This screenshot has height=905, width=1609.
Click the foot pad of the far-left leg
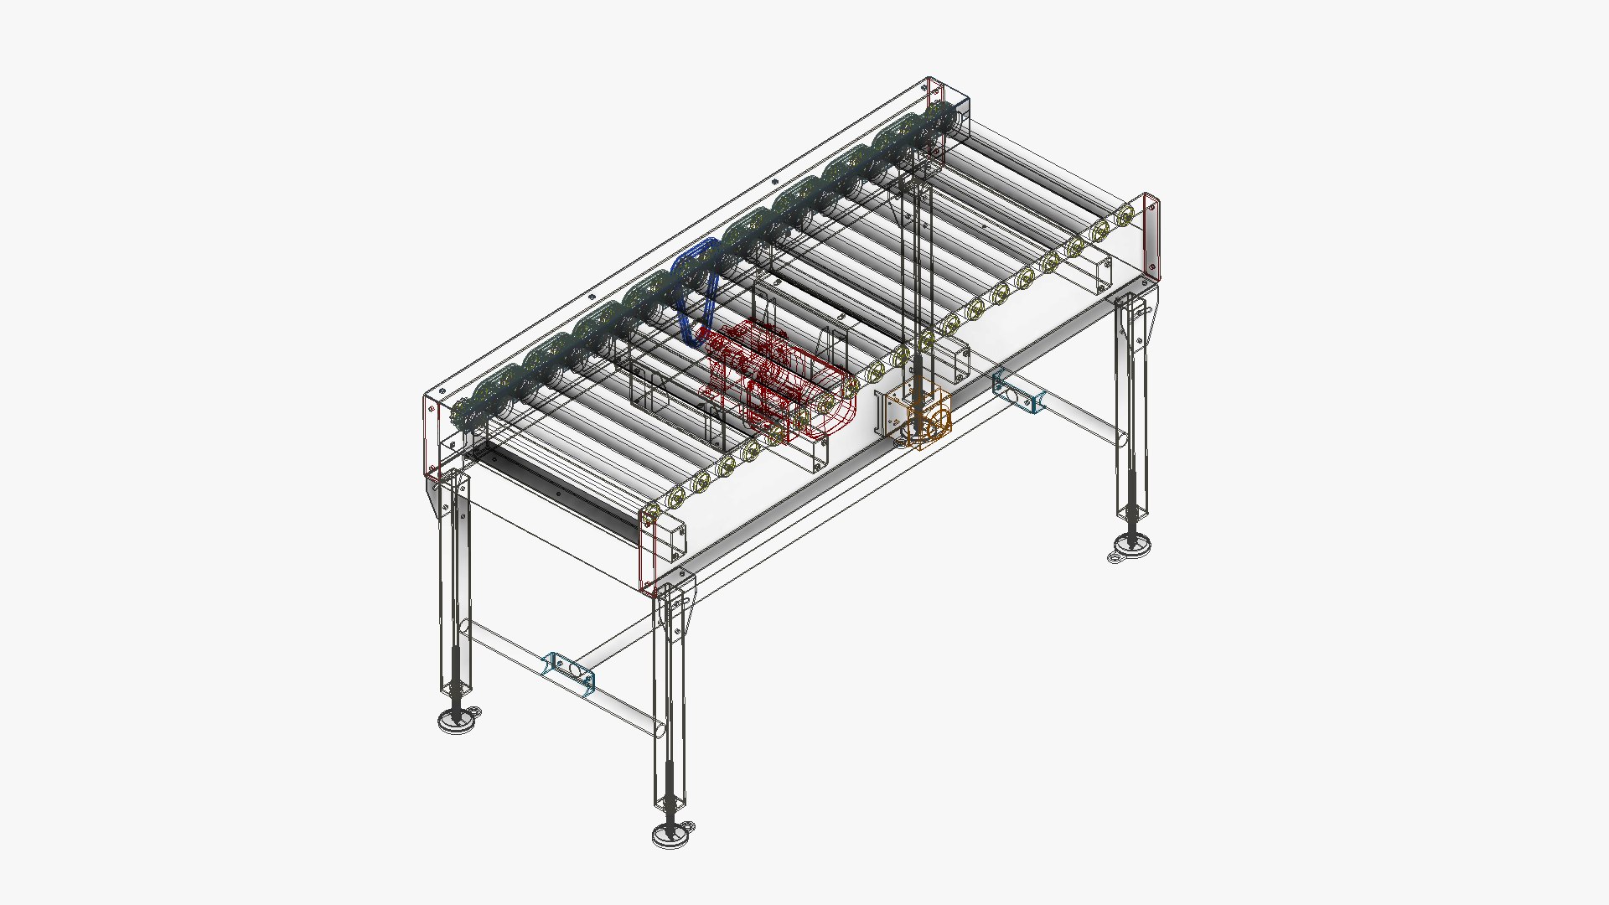[x=458, y=720]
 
